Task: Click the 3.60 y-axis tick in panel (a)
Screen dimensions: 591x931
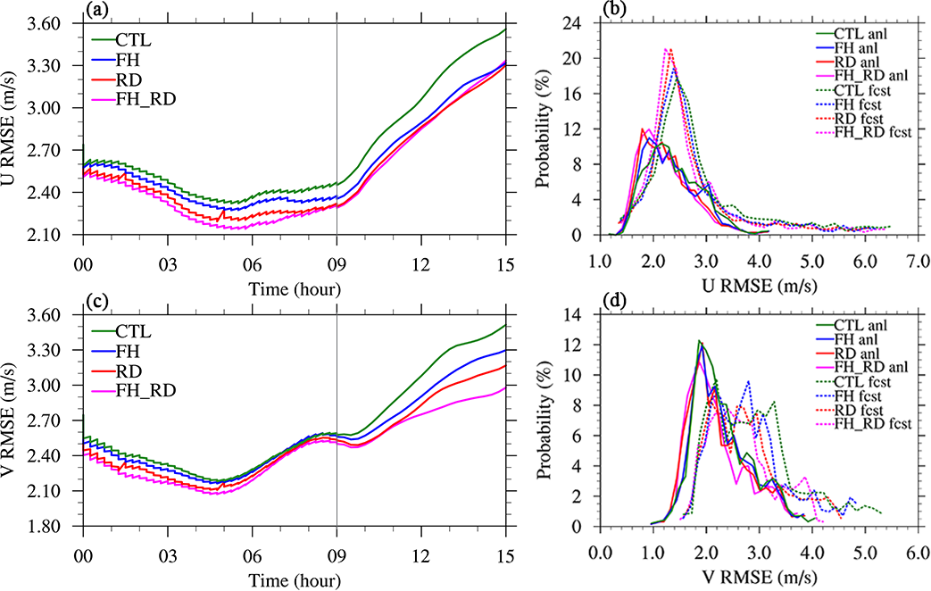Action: point(53,23)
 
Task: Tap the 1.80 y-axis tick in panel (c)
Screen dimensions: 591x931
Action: point(53,527)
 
